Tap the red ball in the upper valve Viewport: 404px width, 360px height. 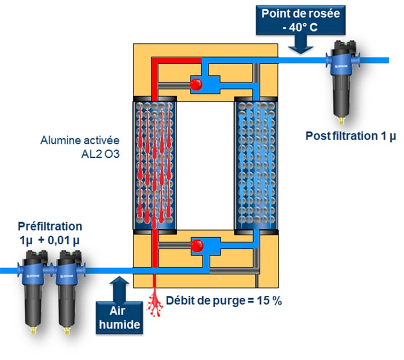(x=197, y=83)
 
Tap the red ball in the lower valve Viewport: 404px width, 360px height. (x=197, y=246)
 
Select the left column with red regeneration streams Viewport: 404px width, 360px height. (x=154, y=164)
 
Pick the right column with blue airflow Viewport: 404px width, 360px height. (x=257, y=164)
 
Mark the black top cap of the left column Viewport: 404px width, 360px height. (x=154, y=99)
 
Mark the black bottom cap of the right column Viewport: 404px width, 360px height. (x=257, y=231)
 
